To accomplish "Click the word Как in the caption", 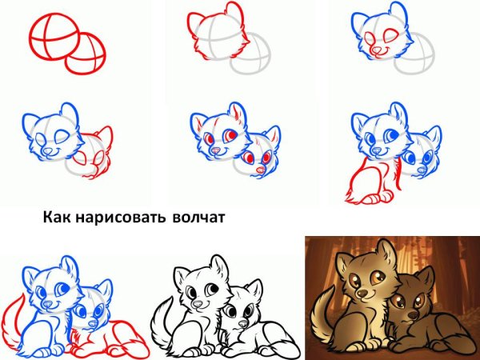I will (57, 217).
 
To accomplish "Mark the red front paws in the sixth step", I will (372, 197).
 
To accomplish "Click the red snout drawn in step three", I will (376, 50).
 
